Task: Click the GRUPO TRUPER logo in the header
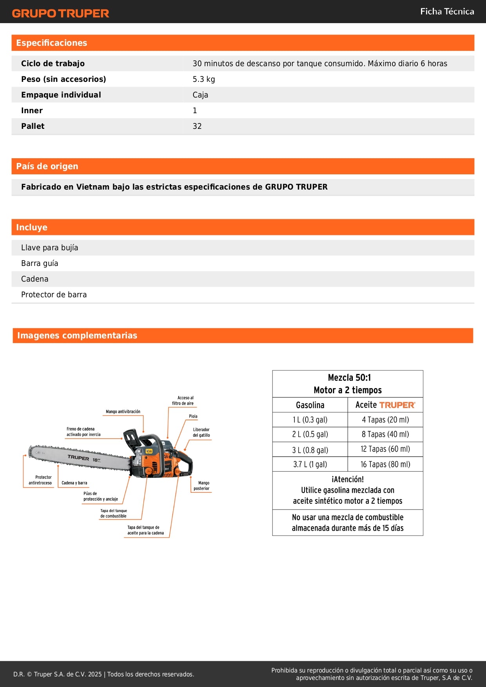[x=60, y=13]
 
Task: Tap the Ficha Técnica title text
[x=447, y=11]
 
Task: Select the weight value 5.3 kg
[x=204, y=79]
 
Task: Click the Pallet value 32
[x=197, y=126]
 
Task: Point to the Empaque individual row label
[x=61, y=95]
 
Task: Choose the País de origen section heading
[x=47, y=166]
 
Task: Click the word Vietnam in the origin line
[x=93, y=187]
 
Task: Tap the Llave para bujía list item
[x=50, y=248]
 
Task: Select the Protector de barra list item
[x=54, y=295]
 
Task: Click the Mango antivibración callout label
[x=123, y=412]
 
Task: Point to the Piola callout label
[x=193, y=416]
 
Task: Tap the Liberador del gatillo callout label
[x=201, y=432]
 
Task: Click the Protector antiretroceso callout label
[x=40, y=480]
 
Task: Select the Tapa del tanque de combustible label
[x=114, y=513]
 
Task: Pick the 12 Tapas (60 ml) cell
[x=385, y=449]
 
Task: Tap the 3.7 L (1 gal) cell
[x=310, y=465]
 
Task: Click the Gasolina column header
[x=310, y=405]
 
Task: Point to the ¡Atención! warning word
[x=348, y=479]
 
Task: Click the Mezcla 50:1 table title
[x=349, y=378]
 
